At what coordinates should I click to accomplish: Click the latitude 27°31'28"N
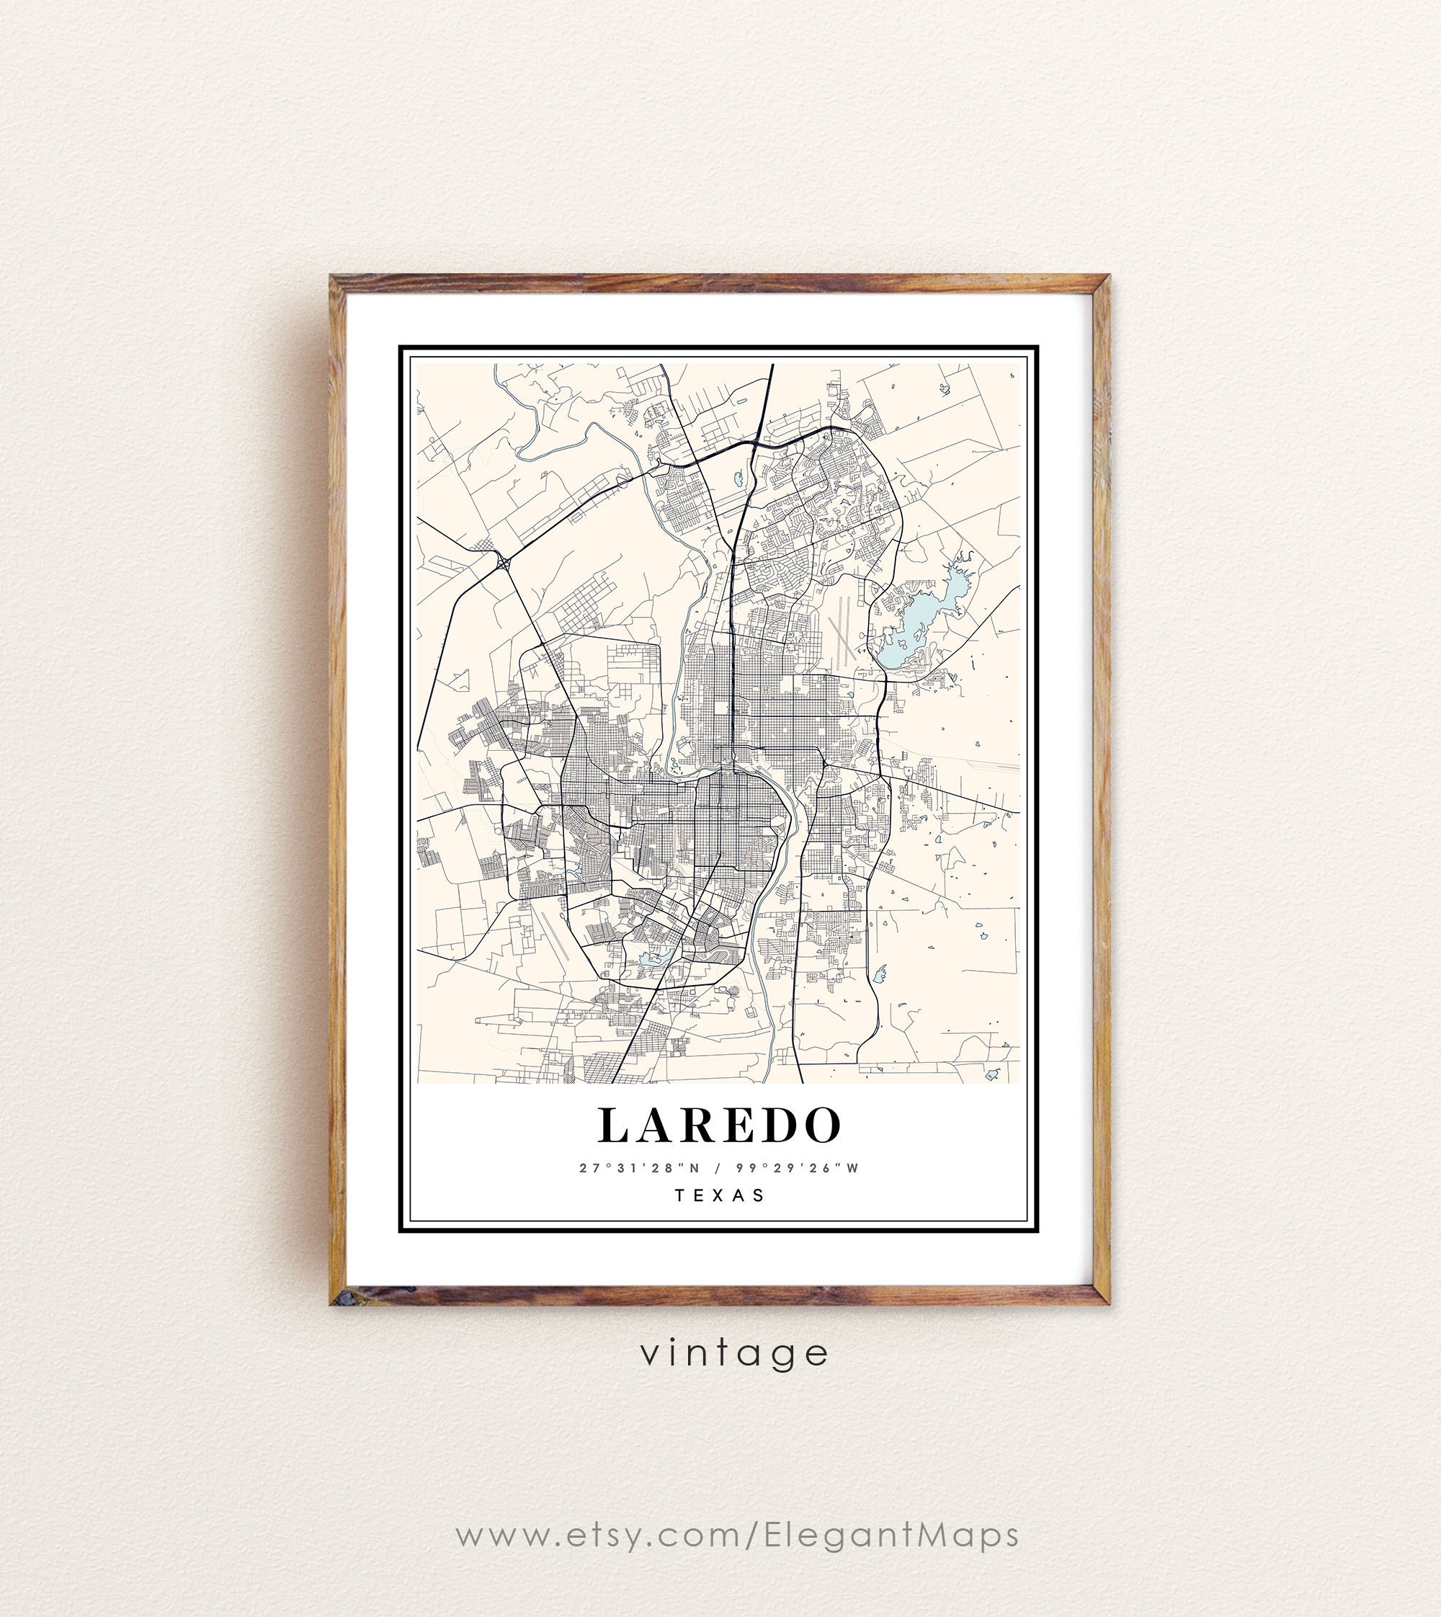coord(641,1168)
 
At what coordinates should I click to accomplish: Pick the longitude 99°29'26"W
coord(798,1168)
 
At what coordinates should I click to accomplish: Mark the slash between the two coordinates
coord(718,1168)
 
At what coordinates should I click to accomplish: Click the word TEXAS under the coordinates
coord(720,1195)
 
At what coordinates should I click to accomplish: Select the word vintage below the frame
coord(734,1353)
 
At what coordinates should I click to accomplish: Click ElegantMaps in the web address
coord(891,1535)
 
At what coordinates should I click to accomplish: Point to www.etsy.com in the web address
coord(599,1535)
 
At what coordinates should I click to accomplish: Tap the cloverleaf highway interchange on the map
coord(504,563)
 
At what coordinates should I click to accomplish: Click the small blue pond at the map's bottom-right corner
coord(991,1074)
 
